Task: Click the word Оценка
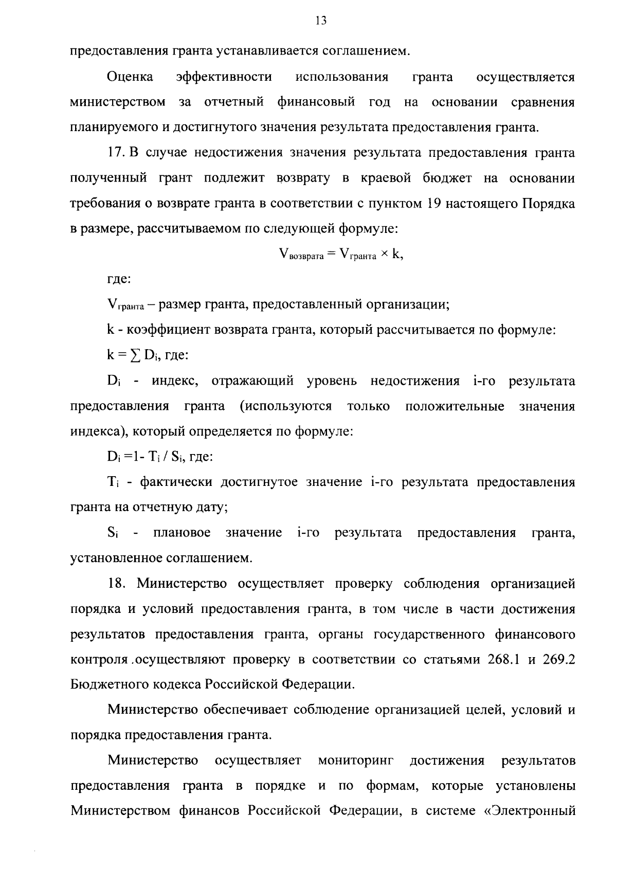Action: point(130,77)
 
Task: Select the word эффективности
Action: point(224,77)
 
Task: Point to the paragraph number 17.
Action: point(116,153)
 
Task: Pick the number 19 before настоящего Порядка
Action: point(432,203)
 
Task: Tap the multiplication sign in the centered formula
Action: point(384,254)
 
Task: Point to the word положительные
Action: point(455,406)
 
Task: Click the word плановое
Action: point(182,533)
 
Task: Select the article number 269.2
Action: point(558,660)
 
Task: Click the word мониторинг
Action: point(355,761)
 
